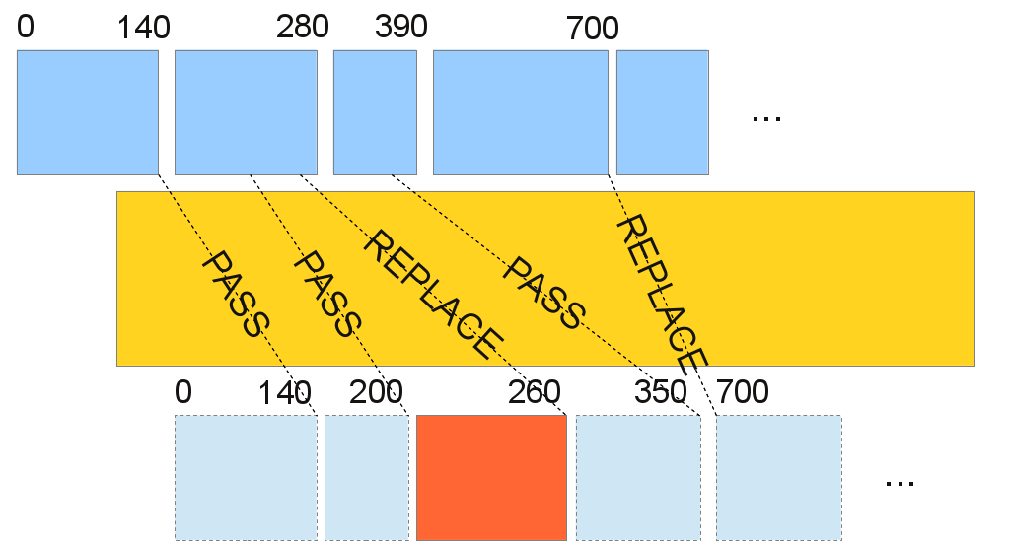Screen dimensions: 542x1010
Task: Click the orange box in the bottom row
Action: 491,477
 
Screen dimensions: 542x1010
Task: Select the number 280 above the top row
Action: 302,27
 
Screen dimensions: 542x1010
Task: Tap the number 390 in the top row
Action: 400,27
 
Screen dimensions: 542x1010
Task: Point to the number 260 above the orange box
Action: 535,392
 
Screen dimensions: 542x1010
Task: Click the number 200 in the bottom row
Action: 376,392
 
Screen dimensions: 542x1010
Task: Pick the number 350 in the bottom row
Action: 661,392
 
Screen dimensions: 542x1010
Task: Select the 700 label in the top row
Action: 592,29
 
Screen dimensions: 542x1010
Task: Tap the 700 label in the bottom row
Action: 742,392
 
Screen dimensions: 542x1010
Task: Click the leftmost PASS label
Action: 236,294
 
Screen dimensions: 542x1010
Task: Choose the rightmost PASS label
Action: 543,293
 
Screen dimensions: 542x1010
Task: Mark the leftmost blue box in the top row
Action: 88,112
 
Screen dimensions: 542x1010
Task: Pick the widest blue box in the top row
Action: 520,112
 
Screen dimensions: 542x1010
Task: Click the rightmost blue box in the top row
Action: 662,112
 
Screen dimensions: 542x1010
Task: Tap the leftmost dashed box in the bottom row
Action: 246,477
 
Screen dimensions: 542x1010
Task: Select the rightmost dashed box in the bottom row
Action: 778,477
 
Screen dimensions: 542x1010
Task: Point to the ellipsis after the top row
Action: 766,117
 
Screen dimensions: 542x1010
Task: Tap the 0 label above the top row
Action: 26,27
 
